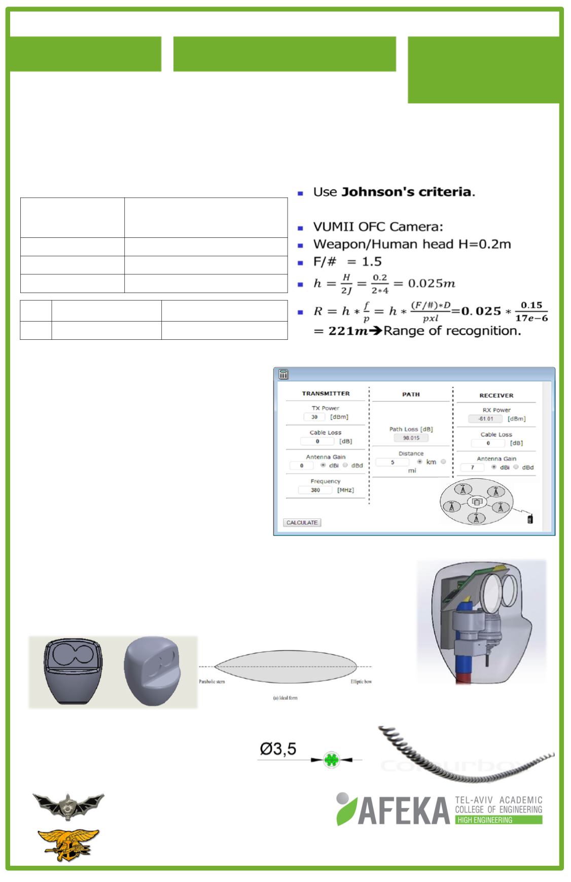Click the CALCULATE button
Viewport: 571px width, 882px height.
coord(302,522)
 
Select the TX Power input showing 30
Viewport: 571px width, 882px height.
coord(314,417)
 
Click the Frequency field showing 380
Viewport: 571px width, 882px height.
coord(315,490)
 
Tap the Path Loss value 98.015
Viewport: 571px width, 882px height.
coord(410,438)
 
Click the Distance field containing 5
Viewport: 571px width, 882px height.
coord(392,462)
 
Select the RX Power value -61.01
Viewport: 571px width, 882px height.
coord(485,419)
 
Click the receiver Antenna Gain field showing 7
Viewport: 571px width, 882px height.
coord(472,467)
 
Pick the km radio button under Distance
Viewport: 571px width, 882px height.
coord(420,462)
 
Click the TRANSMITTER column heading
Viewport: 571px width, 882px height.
coord(326,394)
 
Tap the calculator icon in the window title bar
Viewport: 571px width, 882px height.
coord(283,375)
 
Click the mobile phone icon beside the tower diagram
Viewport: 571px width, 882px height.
coord(530,519)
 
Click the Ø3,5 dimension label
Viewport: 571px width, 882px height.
coord(278,749)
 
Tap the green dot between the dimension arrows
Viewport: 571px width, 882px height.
coord(331,760)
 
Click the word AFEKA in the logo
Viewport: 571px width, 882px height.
coord(403,810)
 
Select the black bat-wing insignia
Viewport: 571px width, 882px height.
coord(68,803)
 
